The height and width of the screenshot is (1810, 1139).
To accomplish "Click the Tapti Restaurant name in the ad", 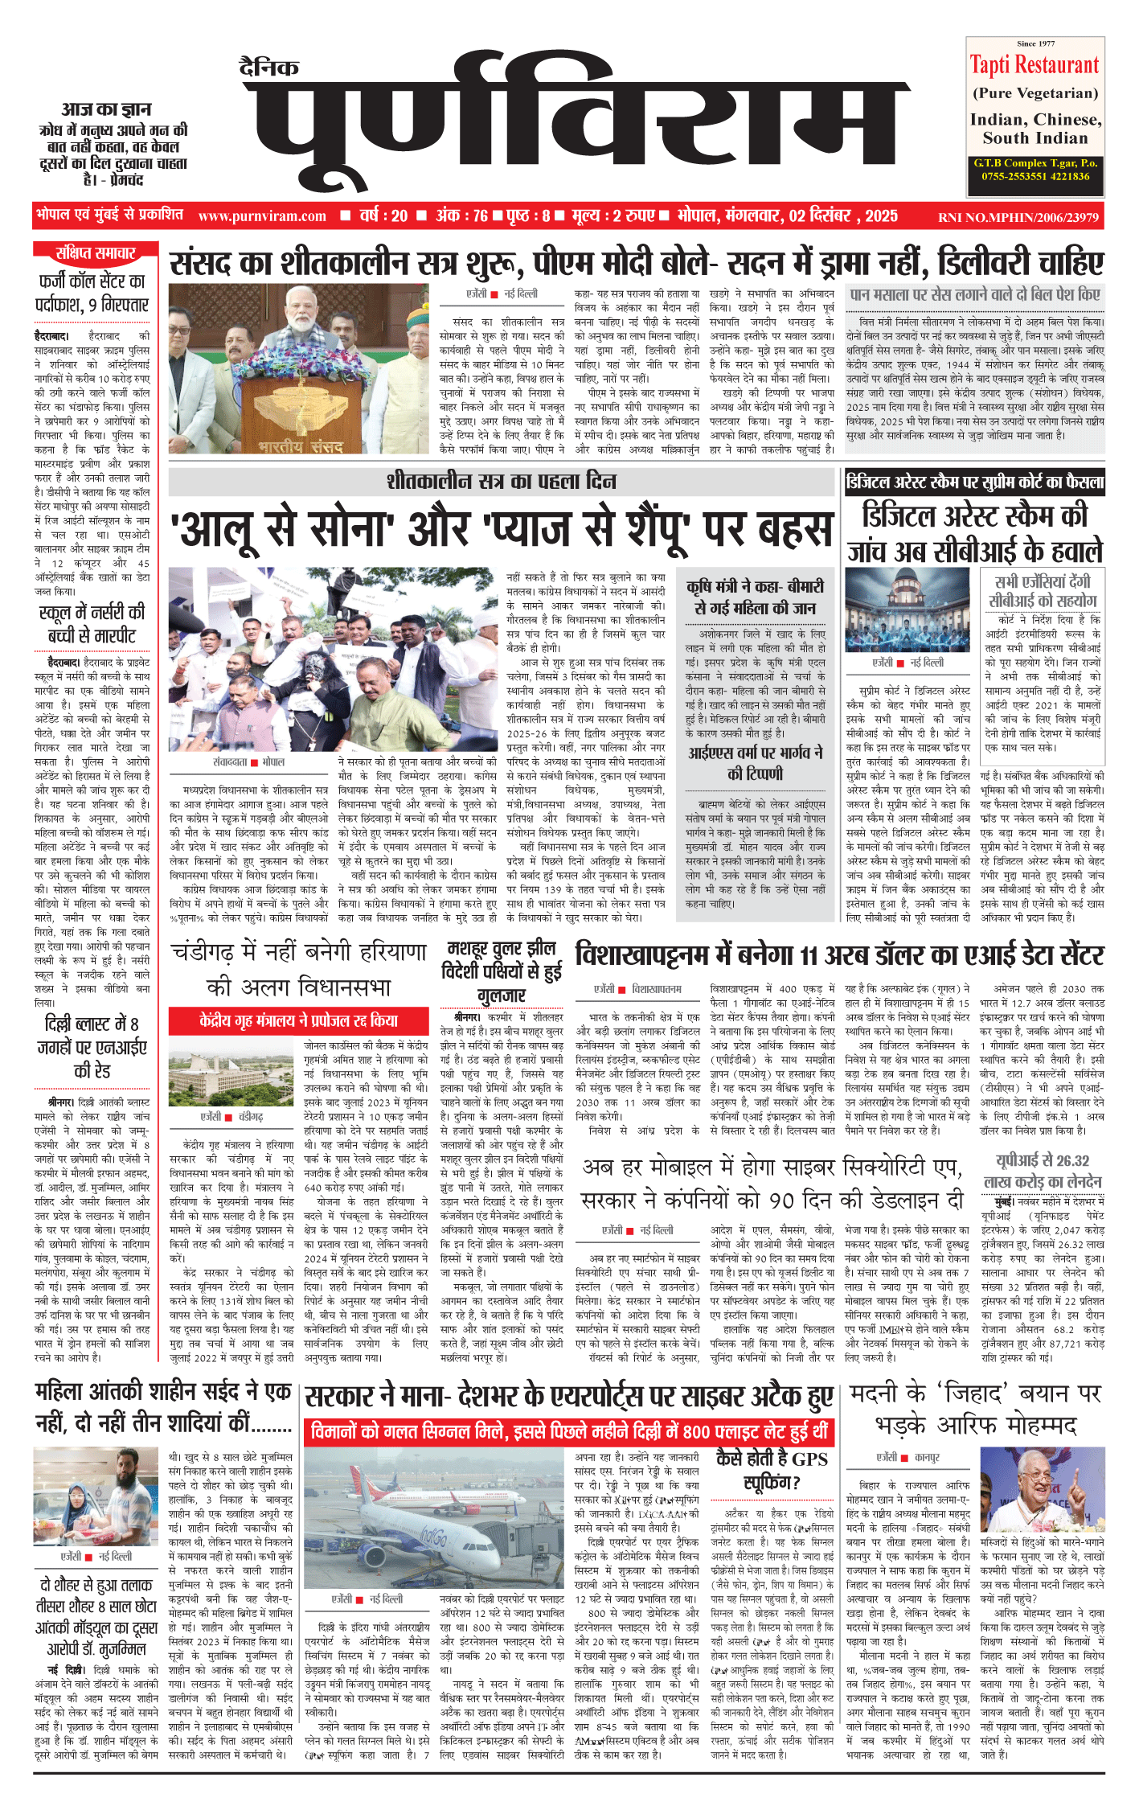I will pyautogui.click(x=1035, y=65).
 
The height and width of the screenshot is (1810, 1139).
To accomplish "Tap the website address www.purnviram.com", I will pyautogui.click(x=262, y=216).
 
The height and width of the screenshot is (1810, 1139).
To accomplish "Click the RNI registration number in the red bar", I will pyautogui.click(x=1018, y=217).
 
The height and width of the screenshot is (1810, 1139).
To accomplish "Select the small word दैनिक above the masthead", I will pyautogui.click(x=269, y=68).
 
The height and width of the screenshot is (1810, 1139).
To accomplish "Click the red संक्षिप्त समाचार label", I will pyautogui.click(x=95, y=253).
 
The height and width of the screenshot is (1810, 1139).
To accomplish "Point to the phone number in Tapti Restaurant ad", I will pyautogui.click(x=1035, y=176).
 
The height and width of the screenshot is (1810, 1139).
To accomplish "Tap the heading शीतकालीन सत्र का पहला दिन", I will pyautogui.click(x=502, y=482).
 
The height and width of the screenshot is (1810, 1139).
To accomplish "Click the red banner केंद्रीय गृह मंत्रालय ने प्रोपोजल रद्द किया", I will pyautogui.click(x=299, y=1021).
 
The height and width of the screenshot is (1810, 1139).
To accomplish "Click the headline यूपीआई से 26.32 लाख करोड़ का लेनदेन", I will pyautogui.click(x=1043, y=1171).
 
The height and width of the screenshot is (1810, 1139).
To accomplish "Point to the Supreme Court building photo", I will pyautogui.click(x=908, y=610).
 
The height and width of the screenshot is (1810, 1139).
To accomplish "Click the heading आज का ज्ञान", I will pyautogui.click(x=106, y=109).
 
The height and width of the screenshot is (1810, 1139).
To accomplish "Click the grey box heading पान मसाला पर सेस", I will pyautogui.click(x=975, y=295).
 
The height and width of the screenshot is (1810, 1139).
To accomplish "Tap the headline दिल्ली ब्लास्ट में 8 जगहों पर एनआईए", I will pyautogui.click(x=96, y=1046).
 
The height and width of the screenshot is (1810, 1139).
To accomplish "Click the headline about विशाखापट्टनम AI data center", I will pyautogui.click(x=839, y=955).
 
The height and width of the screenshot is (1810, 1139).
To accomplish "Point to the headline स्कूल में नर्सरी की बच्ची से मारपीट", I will pyautogui.click(x=92, y=623).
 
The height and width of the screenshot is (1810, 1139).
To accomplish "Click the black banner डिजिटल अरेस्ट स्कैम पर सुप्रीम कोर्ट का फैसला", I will pyautogui.click(x=974, y=482).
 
